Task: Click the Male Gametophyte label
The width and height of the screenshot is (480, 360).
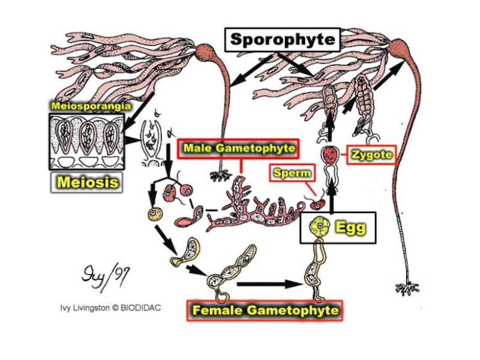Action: tap(240, 148)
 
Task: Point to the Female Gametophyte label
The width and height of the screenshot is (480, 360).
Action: tap(265, 310)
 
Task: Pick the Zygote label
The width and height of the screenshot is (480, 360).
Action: tap(372, 155)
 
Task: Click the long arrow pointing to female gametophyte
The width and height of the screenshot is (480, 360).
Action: tap(267, 284)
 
